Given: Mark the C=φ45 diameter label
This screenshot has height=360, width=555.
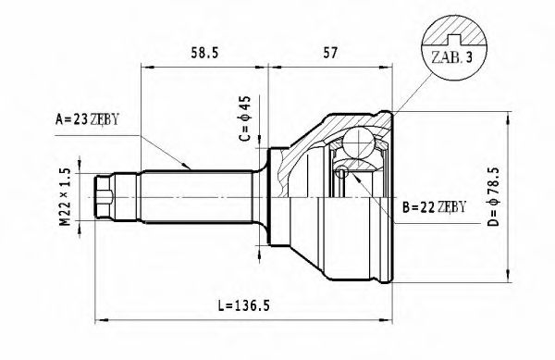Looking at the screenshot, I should (x=244, y=121).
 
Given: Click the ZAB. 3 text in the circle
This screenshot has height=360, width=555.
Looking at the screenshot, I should (x=450, y=57).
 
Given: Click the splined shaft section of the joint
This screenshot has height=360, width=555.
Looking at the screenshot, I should (x=194, y=197).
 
